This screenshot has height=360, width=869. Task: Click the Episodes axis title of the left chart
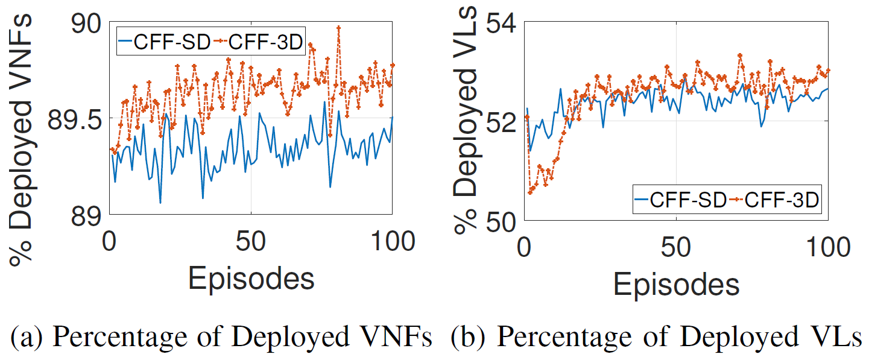pyautogui.click(x=251, y=279)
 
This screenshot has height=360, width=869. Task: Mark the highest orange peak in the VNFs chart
pyautogui.click(x=338, y=28)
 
